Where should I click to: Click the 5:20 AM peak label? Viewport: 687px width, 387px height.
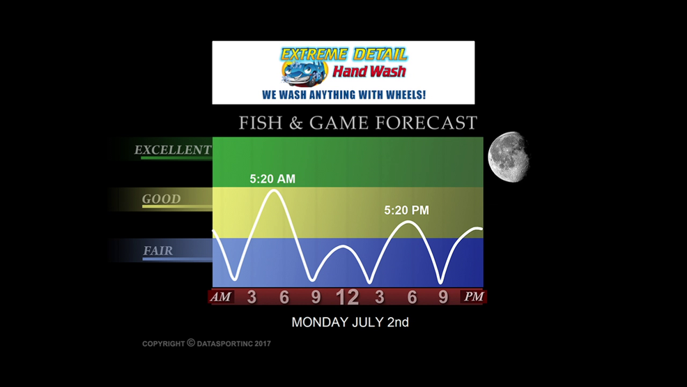[x=272, y=179]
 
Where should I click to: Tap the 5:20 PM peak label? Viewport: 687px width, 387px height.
[x=407, y=211]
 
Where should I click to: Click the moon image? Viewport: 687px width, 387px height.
[x=509, y=156]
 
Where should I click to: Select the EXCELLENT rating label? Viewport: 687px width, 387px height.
[x=173, y=150]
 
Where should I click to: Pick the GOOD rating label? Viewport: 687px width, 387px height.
[x=161, y=199]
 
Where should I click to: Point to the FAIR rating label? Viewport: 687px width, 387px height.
[x=157, y=251]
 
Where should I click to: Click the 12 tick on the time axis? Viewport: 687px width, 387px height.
[x=348, y=298]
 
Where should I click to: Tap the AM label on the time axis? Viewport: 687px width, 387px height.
[x=221, y=297]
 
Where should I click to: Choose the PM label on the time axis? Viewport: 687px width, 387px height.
[x=474, y=297]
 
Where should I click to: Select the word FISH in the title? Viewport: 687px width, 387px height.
[x=261, y=123]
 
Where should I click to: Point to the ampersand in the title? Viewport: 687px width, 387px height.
[x=296, y=123]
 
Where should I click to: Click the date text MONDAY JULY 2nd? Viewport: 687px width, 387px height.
[x=350, y=322]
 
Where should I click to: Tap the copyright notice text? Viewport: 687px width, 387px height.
[x=206, y=343]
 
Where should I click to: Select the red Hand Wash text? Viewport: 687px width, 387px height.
[x=369, y=71]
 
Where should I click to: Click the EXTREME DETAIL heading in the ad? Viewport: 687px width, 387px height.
[x=344, y=54]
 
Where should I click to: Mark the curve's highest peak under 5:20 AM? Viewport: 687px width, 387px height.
[x=275, y=190]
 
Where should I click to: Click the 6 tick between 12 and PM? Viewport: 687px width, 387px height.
[x=412, y=297]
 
